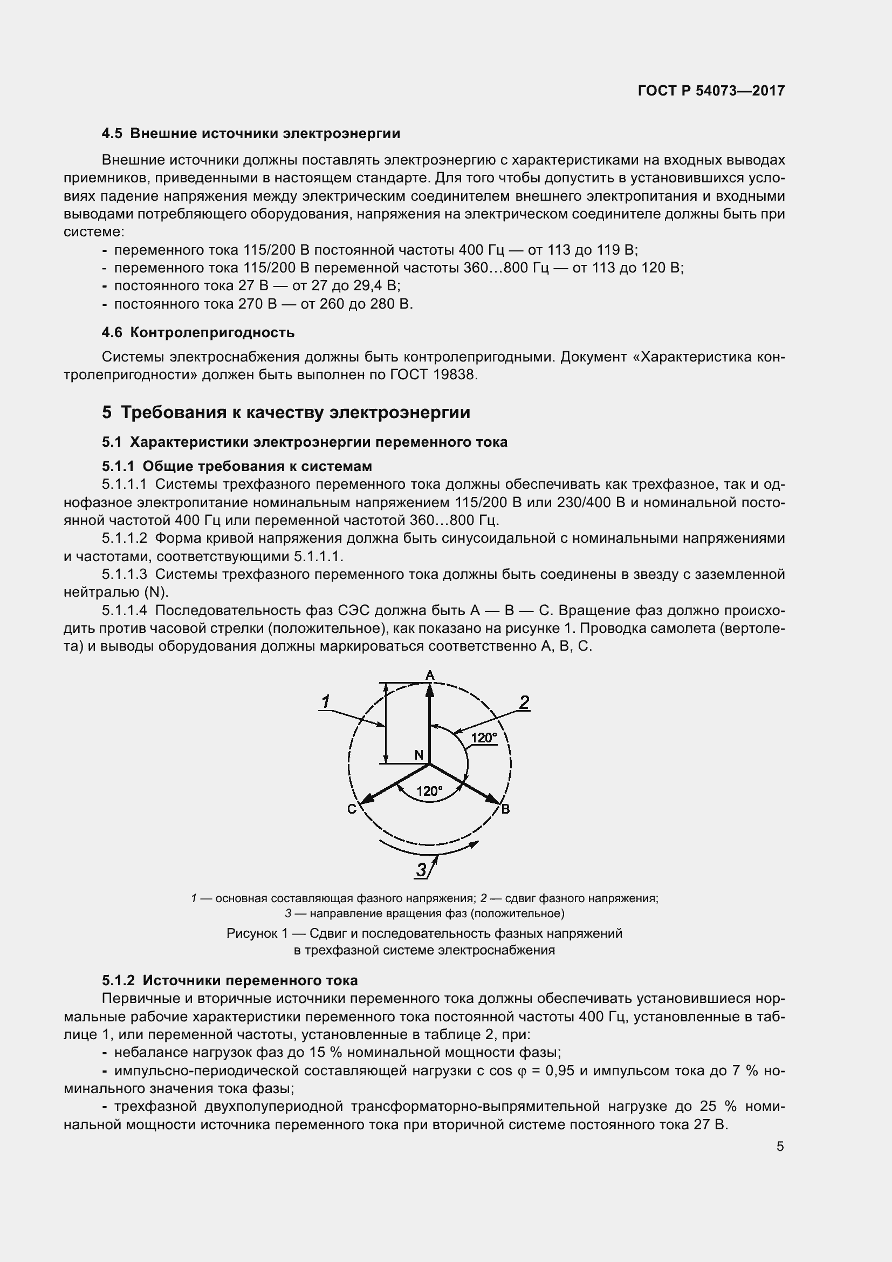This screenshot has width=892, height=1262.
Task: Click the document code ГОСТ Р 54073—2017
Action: click(x=711, y=91)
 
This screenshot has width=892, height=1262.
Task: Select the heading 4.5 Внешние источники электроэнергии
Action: click(x=251, y=134)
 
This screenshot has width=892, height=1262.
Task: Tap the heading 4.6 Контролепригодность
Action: click(x=198, y=332)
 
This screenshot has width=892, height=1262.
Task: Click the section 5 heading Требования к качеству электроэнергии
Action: click(x=286, y=412)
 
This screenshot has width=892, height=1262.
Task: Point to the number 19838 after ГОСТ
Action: click(x=455, y=375)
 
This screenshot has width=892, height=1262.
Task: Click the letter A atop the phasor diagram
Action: click(x=430, y=675)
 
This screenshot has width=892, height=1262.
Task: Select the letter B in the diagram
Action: click(x=505, y=809)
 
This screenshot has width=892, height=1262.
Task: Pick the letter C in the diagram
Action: click(x=352, y=809)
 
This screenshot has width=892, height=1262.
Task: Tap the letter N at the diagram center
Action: click(x=418, y=755)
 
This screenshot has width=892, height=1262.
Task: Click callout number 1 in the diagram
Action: click(x=325, y=702)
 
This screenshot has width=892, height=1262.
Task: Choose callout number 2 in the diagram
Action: click(x=524, y=702)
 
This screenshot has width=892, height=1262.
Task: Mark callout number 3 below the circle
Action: click(x=421, y=870)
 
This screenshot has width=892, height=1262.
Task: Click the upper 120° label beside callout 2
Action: click(x=484, y=738)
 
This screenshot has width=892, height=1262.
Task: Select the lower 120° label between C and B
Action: click(x=429, y=791)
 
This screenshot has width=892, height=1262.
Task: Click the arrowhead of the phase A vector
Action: click(x=430, y=691)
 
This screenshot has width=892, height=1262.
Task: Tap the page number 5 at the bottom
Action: click(x=780, y=1147)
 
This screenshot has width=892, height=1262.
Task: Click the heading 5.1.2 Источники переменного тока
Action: click(x=230, y=980)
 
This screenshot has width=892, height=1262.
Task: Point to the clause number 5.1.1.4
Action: click(x=125, y=611)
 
